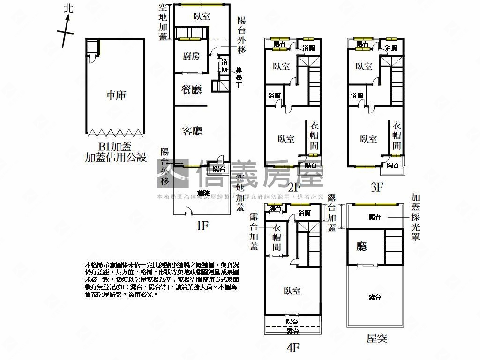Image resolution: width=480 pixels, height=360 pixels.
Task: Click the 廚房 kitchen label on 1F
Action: (191, 57)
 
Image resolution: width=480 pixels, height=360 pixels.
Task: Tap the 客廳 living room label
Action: (192, 131)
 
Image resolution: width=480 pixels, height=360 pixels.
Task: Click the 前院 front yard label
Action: (203, 193)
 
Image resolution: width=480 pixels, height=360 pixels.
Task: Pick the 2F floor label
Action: (294, 187)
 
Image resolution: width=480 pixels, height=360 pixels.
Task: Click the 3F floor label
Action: (377, 187)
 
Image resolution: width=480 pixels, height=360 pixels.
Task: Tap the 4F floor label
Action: (293, 347)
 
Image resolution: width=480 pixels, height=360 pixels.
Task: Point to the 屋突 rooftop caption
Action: (377, 338)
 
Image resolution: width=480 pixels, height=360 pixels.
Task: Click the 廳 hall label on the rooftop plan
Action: (361, 247)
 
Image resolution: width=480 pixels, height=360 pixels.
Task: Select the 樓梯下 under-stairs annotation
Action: (239, 78)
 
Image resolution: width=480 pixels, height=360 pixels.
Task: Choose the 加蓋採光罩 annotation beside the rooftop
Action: (415, 217)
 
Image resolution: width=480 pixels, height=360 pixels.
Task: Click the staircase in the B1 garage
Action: (93, 47)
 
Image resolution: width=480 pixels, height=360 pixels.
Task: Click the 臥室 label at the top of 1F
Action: (202, 16)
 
